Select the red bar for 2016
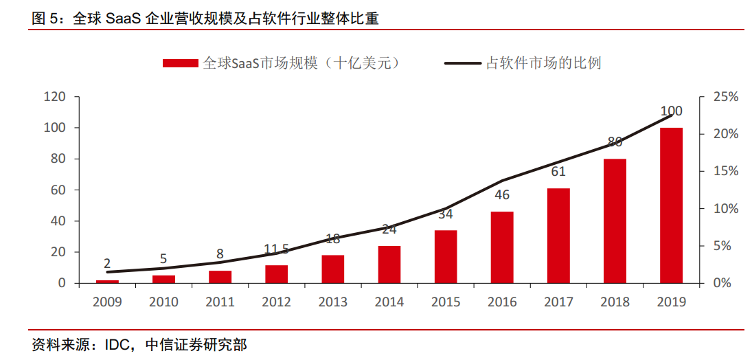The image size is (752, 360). tap(501, 247)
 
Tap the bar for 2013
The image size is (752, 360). tap(332, 269)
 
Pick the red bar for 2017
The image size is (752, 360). tap(558, 235)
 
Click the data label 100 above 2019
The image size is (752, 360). tap(671, 111)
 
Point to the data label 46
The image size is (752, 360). tap(502, 195)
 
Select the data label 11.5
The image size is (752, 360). tap(276, 249)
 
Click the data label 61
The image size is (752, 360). tap(558, 172)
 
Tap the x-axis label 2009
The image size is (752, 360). tap(107, 302)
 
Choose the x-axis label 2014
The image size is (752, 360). tap(389, 302)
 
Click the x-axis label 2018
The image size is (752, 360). tap(614, 302)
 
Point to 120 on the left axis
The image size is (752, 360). tap(54, 97)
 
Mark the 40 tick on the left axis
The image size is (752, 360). tap(58, 221)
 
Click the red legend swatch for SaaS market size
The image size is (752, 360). tap(181, 63)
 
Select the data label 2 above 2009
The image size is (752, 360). tap(107, 263)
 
